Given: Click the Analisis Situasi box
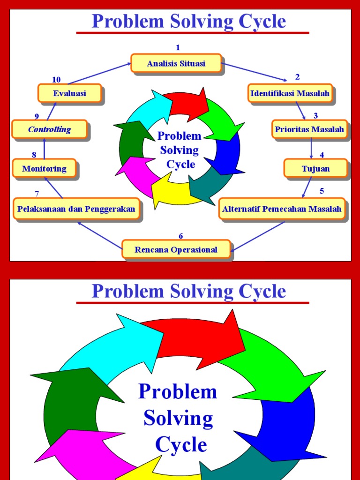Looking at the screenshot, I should click(x=176, y=63).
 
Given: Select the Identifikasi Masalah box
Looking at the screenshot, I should click(x=290, y=93).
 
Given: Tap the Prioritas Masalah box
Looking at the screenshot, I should click(x=309, y=129).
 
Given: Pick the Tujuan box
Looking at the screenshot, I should click(x=315, y=168).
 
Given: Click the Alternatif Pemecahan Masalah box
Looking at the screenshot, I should click(x=282, y=209).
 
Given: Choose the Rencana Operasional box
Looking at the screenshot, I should click(x=176, y=249).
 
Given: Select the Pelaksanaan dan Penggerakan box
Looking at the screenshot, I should click(x=76, y=209).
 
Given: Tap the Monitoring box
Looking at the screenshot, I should click(x=44, y=168).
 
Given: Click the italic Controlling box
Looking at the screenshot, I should click(x=49, y=129).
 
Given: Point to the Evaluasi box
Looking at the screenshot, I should click(x=69, y=93).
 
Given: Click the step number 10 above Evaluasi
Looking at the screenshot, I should click(x=56, y=80).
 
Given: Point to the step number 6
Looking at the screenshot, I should click(x=181, y=236).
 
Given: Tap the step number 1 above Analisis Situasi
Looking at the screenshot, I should click(x=178, y=47).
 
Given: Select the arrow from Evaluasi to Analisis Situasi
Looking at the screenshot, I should click(x=98, y=74).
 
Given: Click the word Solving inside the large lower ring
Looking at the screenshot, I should click(x=178, y=418).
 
